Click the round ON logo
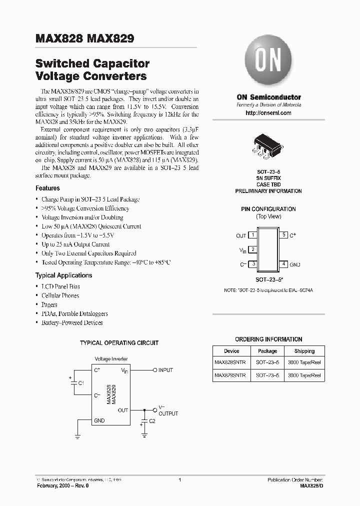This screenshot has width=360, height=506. (268, 62)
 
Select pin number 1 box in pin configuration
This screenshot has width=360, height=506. (253, 235)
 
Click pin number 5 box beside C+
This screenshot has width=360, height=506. (284, 235)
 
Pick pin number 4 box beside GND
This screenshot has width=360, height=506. (284, 263)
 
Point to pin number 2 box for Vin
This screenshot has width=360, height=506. (253, 249)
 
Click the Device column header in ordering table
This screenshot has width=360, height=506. (231, 351)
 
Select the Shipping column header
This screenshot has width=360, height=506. (304, 351)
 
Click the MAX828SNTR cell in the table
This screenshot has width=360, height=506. (231, 363)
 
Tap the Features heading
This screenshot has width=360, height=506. (47, 188)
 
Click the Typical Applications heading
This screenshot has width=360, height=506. (63, 275)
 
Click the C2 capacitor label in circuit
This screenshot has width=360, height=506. (152, 421)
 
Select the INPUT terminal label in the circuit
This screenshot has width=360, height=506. (165, 370)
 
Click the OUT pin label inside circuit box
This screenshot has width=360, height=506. (122, 410)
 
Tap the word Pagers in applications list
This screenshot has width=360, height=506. (49, 304)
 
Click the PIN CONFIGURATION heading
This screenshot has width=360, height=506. (268, 209)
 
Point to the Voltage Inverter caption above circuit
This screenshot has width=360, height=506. (111, 359)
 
